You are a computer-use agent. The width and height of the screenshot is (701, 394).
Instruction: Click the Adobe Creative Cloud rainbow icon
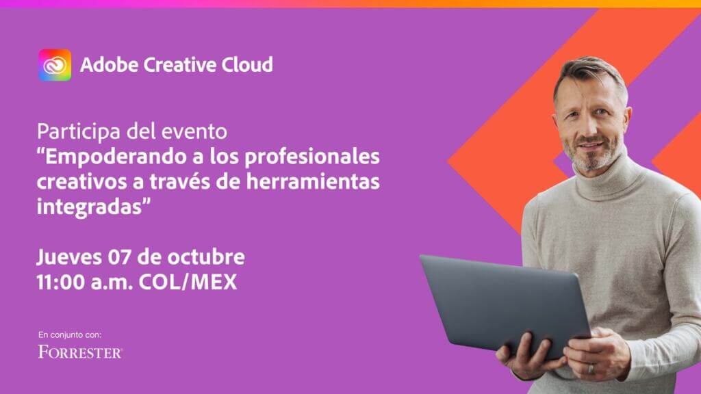pyautogui.click(x=55, y=65)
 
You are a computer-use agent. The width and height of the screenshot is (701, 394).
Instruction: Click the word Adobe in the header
pyautogui.click(x=109, y=65)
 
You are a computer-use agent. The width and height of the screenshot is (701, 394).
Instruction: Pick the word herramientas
pyautogui.click(x=313, y=182)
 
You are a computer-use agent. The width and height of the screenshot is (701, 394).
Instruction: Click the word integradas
pyautogui.click(x=90, y=207)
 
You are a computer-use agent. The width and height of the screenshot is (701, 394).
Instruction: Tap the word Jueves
pyautogui.click(x=69, y=257)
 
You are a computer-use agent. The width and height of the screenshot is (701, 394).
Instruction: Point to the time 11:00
pyautogui.click(x=61, y=283)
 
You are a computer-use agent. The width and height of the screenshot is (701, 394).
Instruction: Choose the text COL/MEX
pyautogui.click(x=188, y=283)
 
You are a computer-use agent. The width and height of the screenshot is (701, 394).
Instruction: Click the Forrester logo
pyautogui.click(x=81, y=352)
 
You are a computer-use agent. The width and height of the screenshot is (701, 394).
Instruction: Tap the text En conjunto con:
pyautogui.click(x=70, y=334)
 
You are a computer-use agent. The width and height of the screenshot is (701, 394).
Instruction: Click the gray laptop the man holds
pyautogui.click(x=505, y=304)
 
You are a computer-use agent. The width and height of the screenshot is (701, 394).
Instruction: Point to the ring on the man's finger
pyautogui.click(x=591, y=369)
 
